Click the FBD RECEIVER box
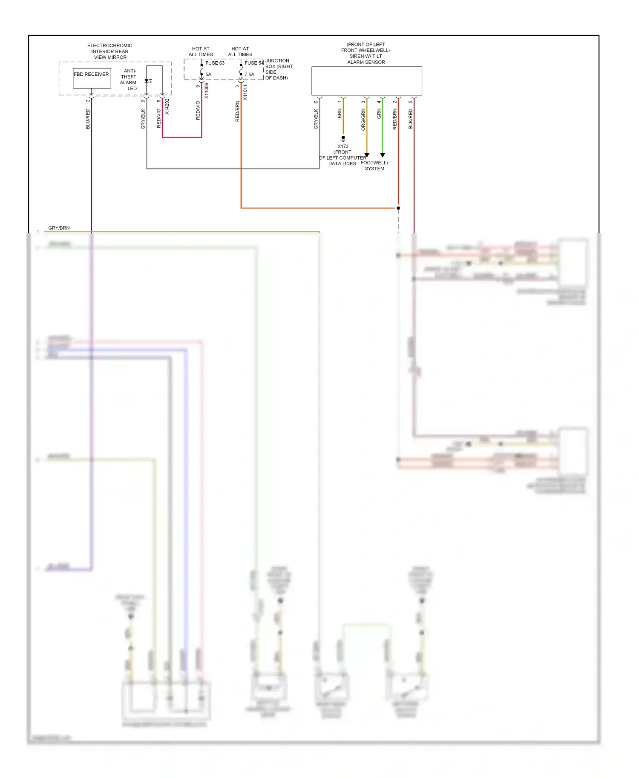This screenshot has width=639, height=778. coord(92,78)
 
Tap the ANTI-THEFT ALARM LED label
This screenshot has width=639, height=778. coord(129,80)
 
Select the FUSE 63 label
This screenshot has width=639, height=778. coord(215,63)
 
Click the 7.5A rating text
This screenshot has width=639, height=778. coord(249,74)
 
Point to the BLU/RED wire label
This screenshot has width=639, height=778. coord(88,119)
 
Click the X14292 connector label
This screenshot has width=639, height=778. coord(167,106)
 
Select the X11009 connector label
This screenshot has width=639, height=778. coord(207,91)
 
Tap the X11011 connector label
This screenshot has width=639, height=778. coord(245,92)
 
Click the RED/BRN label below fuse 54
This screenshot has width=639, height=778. coord(237,112)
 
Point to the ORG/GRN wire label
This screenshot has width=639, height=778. coord(363,119)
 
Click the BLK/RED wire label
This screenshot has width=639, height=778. coord(411,119)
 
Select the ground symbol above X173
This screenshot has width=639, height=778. coord(343,138)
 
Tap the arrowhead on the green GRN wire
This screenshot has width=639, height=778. coord(383,155)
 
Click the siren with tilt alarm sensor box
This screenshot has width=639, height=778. coord(366,81)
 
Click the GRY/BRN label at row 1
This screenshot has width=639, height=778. coord(59,228)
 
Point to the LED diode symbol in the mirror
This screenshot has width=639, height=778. coord(147,81)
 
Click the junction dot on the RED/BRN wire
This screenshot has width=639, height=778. coord(398,208)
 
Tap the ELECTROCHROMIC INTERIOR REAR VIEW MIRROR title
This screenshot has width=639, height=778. coord(110,51)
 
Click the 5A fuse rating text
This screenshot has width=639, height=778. coord(208,74)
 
